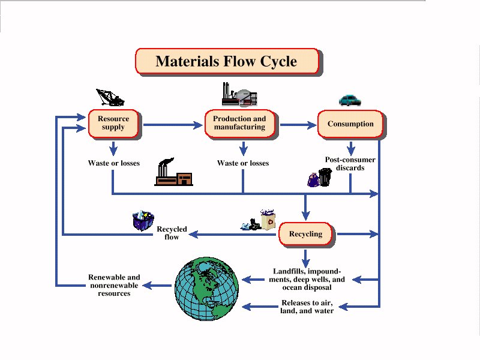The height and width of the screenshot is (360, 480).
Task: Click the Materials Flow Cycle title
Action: click(227, 61)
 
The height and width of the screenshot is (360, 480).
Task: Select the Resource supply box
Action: click(113, 124)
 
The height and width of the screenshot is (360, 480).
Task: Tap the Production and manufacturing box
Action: click(239, 124)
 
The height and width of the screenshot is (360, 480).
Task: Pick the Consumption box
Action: click(350, 124)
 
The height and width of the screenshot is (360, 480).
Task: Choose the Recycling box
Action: click(305, 234)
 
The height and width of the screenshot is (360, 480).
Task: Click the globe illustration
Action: click(206, 289)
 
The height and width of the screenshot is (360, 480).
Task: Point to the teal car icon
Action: click(350, 100)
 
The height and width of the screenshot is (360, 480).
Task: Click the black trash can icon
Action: click(325, 177)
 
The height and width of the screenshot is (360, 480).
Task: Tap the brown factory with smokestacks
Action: click(173, 172)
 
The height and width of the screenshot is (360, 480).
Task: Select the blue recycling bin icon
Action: click(143, 220)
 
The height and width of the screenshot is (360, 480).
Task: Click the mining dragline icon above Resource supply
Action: click(110, 97)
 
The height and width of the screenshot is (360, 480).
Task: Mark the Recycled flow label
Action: click(172, 233)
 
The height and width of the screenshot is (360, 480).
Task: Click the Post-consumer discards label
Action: click(350, 164)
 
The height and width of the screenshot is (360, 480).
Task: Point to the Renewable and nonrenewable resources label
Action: click(114, 286)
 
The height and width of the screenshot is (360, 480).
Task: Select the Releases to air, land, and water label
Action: click(307, 307)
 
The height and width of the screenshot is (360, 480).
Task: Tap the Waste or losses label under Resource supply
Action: click(114, 163)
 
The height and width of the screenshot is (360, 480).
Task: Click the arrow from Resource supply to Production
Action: click(173, 125)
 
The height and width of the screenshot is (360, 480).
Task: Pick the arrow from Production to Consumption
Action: click(298, 125)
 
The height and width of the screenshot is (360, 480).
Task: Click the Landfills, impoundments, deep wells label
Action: click(307, 279)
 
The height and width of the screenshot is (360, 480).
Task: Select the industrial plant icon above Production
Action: click(239, 94)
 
